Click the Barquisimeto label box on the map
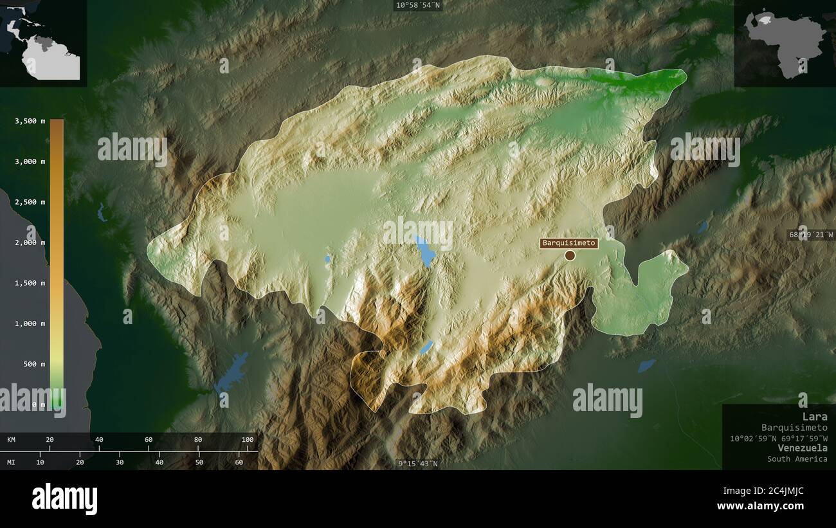point(569,243)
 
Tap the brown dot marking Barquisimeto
point(570,255)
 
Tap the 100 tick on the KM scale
point(248,440)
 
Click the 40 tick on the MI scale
point(159,462)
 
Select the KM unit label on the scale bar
point(12,440)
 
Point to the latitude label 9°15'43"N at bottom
point(418,464)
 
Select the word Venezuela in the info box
point(802,448)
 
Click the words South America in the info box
point(797,459)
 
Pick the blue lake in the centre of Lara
point(424,251)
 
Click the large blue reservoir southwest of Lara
point(233,372)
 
